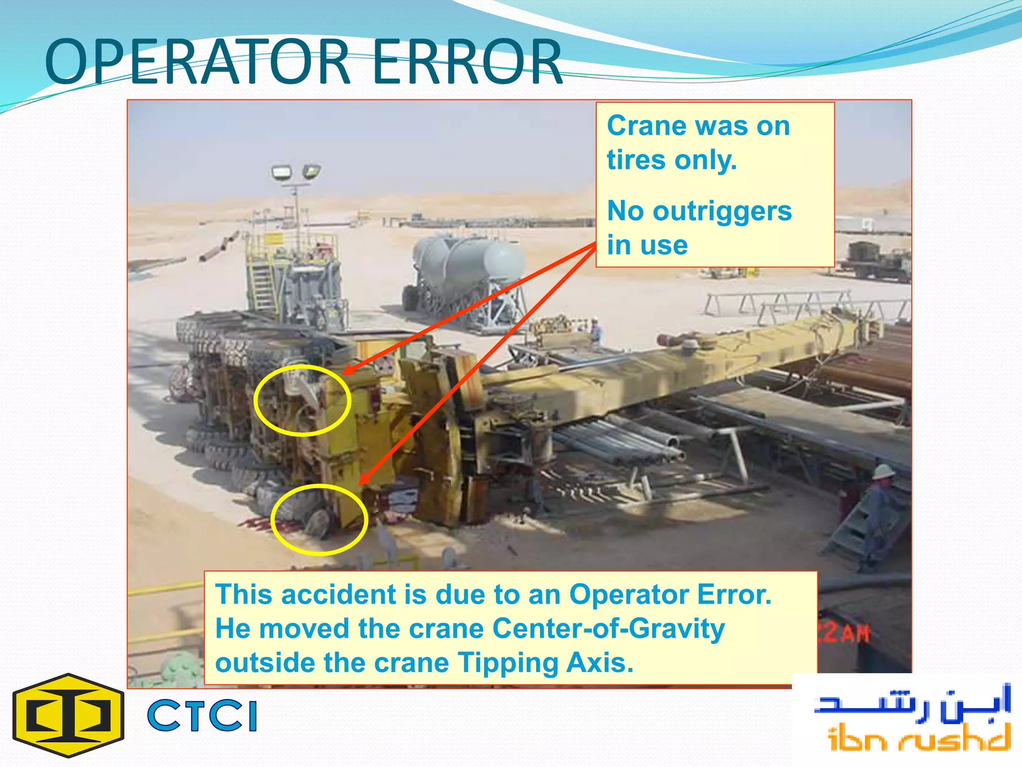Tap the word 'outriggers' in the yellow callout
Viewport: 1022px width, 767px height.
tap(722, 211)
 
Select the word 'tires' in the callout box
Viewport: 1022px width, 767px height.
tap(636, 160)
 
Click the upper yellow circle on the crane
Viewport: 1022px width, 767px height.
tap(302, 400)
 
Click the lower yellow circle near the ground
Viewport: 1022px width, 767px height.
tap(319, 519)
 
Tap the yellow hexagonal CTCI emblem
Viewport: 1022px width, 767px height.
tap(68, 715)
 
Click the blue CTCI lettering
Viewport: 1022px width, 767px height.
tap(202, 716)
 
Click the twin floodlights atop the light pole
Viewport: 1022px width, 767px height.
tap(295, 173)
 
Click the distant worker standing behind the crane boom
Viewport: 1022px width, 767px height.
tap(595, 330)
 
